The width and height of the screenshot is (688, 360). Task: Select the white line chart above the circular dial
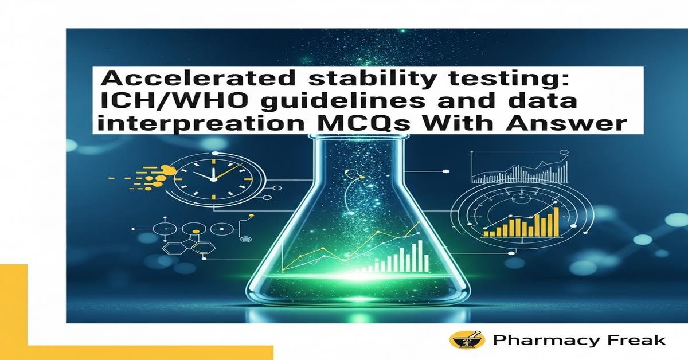pyautogui.click(x=519, y=170)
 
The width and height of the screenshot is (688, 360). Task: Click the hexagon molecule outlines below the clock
pyautogui.click(x=189, y=248)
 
